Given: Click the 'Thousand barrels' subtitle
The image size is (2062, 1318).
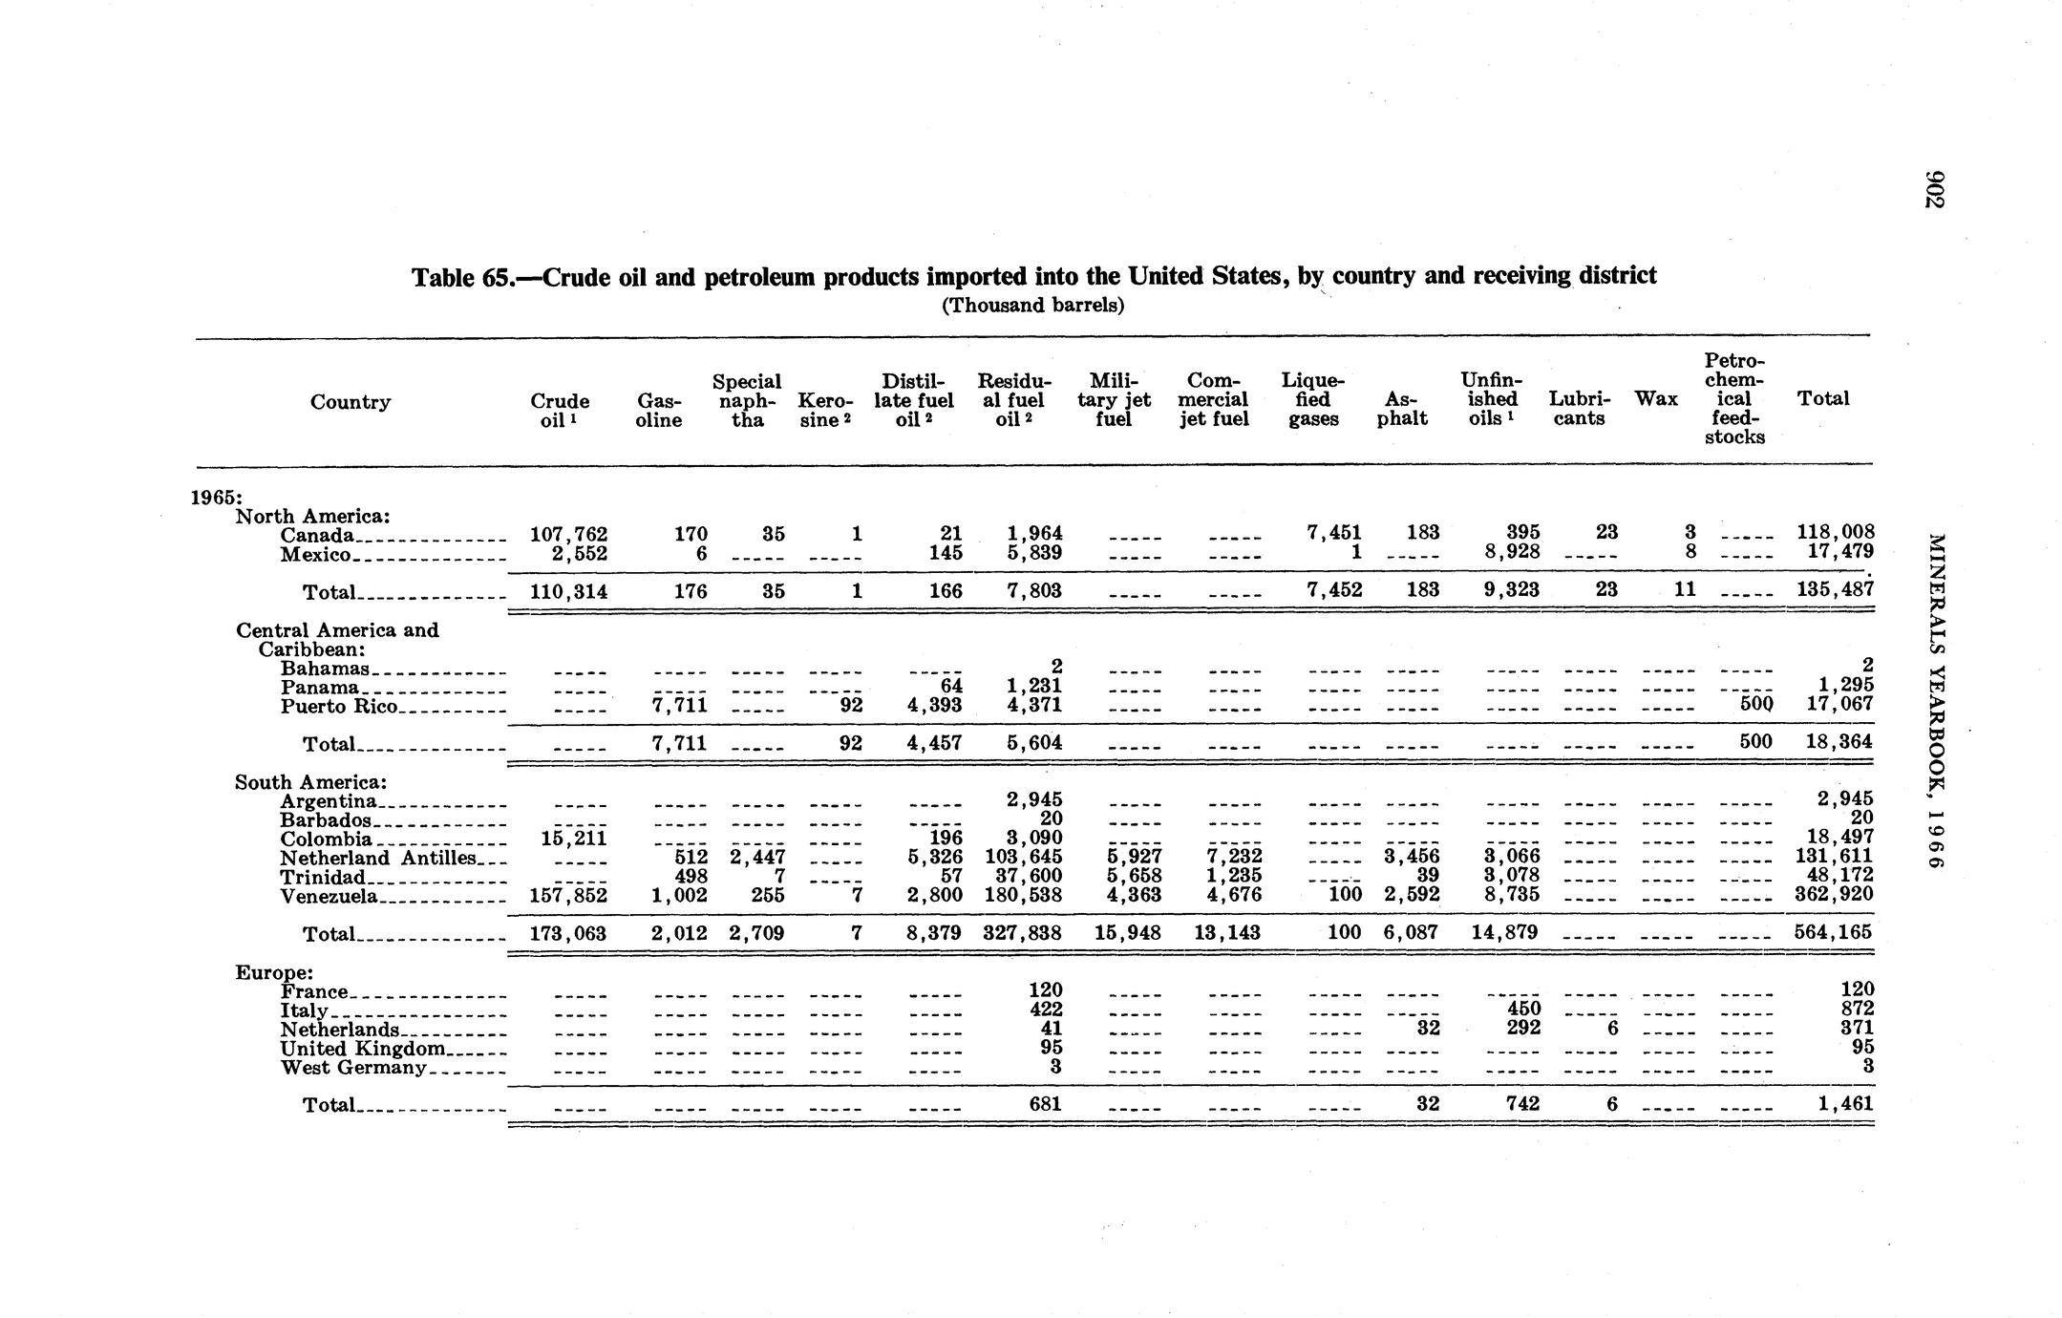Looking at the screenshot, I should tap(1032, 306).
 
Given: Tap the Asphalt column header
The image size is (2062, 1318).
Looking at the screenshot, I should tap(1402, 410).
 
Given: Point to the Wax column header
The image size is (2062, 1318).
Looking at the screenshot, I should tap(1656, 398).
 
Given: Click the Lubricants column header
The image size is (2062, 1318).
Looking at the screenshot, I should tap(1579, 409).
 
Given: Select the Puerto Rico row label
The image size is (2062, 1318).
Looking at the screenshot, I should tap(339, 706).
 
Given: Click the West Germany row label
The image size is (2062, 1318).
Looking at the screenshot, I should tap(352, 1067).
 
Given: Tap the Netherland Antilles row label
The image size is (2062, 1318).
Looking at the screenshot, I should tap(377, 858).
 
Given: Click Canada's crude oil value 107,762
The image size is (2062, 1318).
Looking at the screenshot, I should tap(568, 533).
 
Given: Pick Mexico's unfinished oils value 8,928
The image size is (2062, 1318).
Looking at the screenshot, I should tap(1504, 552).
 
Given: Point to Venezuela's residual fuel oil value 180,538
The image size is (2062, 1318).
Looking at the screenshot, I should tap(1023, 896).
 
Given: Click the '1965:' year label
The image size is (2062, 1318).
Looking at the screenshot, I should tap(217, 497).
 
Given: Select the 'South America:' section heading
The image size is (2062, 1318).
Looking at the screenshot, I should tap(310, 782).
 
